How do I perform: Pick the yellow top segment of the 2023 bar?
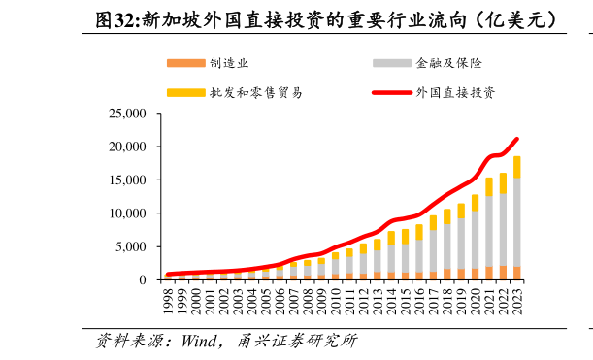[x=517, y=167]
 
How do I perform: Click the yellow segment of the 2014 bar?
[x=392, y=238]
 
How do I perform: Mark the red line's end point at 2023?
[x=517, y=139]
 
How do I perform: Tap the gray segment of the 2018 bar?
[x=447, y=246]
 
